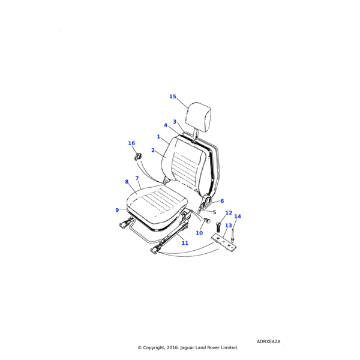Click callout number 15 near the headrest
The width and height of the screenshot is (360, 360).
click(x=173, y=97)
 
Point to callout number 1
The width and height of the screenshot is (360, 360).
click(x=158, y=137)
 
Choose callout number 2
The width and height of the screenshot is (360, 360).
click(x=153, y=150)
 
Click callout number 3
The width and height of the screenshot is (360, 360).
click(x=175, y=121)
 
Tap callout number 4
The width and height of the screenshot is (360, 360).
click(x=166, y=125)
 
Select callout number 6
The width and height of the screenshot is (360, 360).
click(x=222, y=201)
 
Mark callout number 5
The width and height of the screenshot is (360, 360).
click(x=214, y=212)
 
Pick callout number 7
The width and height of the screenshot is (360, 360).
click(x=137, y=178)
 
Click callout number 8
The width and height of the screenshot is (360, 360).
click(x=127, y=182)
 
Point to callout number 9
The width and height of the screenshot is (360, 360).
click(x=117, y=210)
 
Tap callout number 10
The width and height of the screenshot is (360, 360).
click(x=199, y=233)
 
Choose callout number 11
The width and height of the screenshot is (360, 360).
click(x=185, y=243)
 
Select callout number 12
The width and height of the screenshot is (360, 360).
click(x=229, y=213)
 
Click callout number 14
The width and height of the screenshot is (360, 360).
click(x=238, y=216)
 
